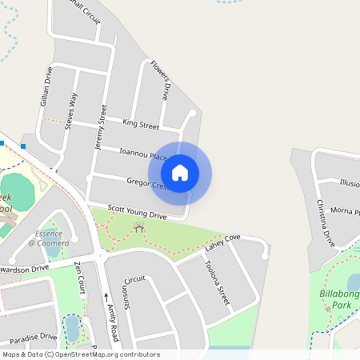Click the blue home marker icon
tap(180, 173)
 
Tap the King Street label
tap(141, 124)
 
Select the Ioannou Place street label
tap(142, 153)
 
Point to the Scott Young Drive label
tap(137, 211)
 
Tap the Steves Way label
tap(72, 110)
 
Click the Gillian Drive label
tap(46, 86)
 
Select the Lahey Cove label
tap(222, 242)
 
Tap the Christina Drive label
tap(326, 223)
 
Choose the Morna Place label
tap(346, 211)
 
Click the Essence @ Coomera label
tap(49, 238)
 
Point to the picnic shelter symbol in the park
tap(140, 229)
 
